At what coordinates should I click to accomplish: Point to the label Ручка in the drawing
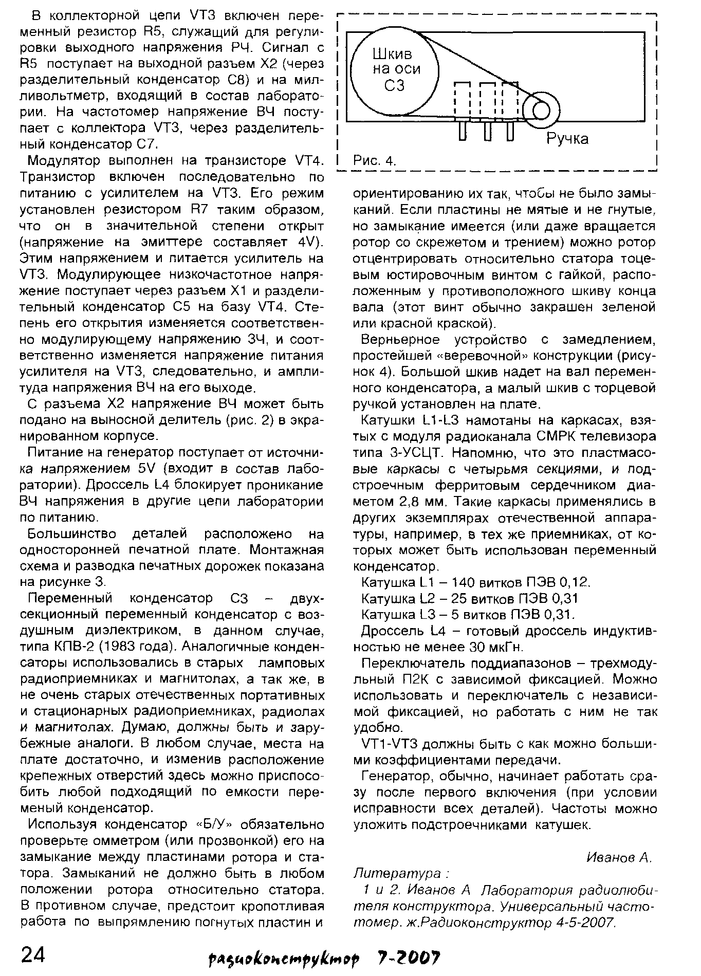(x=567, y=139)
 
